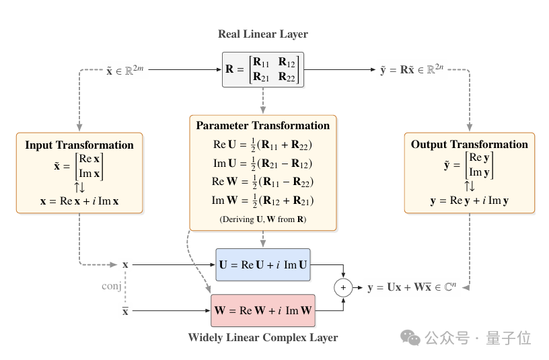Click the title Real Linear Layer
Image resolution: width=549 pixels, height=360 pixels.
click(263, 34)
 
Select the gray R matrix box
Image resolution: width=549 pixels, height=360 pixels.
click(263, 69)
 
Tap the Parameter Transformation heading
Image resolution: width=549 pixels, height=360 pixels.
click(263, 125)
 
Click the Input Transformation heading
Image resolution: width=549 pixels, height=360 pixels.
click(79, 145)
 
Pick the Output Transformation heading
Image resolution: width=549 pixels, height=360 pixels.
click(470, 144)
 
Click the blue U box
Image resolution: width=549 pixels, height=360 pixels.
click(263, 264)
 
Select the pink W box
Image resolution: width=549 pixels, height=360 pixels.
click(263, 311)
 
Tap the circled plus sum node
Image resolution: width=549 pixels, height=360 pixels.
click(343, 287)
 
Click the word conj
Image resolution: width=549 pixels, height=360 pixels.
click(111, 286)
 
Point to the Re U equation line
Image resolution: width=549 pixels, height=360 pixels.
click(262, 145)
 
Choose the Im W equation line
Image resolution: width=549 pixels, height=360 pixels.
click(262, 201)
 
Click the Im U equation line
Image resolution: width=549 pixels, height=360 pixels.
click(262, 164)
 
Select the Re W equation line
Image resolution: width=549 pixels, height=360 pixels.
click(262, 182)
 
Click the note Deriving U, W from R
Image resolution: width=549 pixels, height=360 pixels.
click(263, 219)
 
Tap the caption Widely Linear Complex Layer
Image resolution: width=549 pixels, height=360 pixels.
click(263, 337)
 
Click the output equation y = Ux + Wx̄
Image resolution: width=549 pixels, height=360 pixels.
click(412, 287)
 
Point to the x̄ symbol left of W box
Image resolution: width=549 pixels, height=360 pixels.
click(125, 311)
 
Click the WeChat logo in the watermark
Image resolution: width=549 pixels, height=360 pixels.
click(410, 337)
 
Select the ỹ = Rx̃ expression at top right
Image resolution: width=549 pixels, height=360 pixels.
click(412, 70)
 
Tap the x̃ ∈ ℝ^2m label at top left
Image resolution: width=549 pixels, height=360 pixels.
click(125, 70)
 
